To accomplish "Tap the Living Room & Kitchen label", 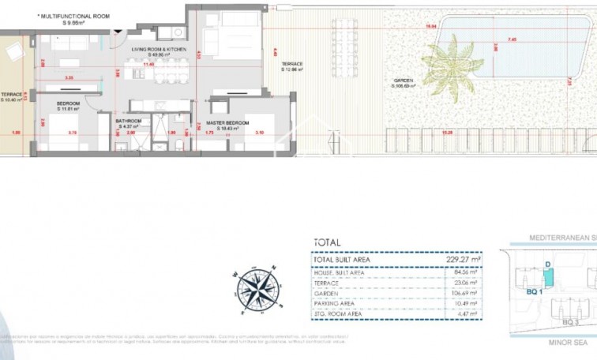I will tap(160, 51).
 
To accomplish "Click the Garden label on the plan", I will tap(404, 82).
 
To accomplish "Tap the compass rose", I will tap(257, 288).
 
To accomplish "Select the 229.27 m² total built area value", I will tap(464, 259).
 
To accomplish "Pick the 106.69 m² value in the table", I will tap(464, 292).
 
